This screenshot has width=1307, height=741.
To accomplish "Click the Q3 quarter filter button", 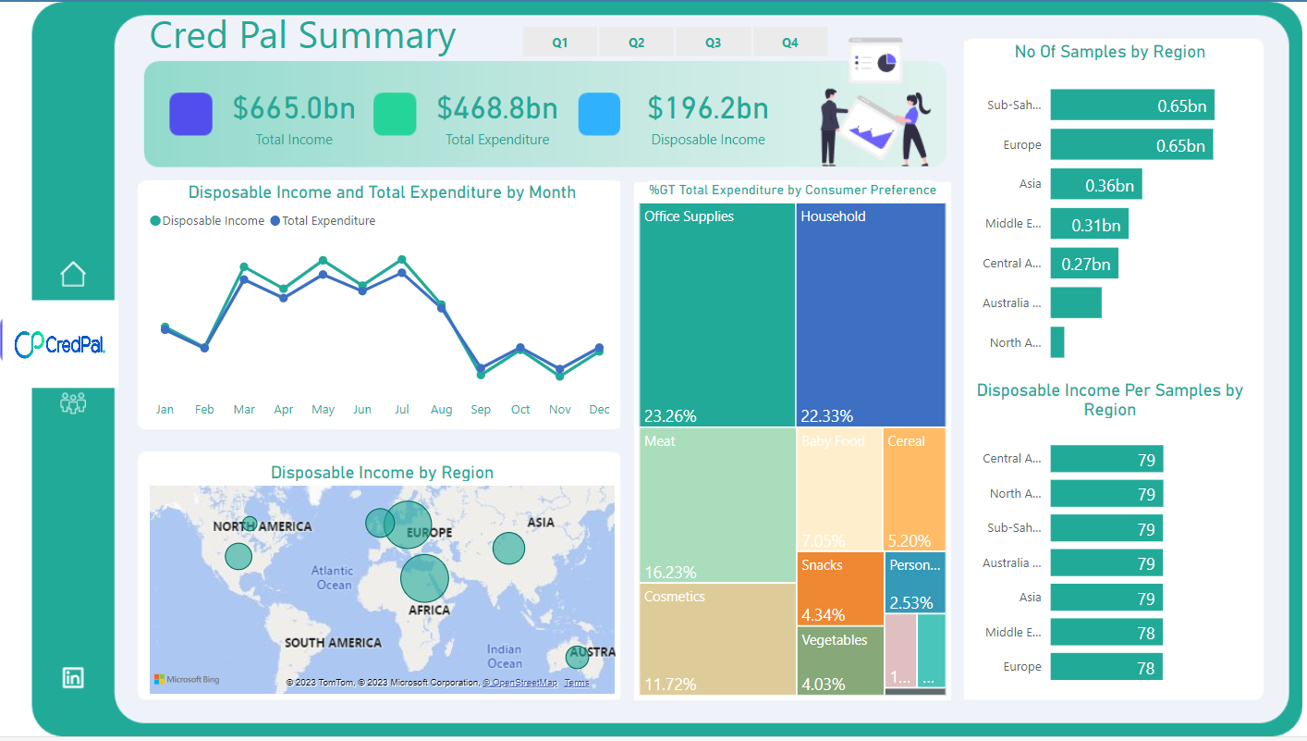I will [x=713, y=43].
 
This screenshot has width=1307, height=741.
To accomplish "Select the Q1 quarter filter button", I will [x=560, y=43].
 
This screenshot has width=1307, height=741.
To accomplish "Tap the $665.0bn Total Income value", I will [x=294, y=108].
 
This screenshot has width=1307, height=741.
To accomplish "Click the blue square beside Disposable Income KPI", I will [x=599, y=115].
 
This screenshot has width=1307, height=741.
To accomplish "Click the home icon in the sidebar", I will [x=73, y=274].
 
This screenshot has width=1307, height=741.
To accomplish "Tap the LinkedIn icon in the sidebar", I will [x=73, y=677].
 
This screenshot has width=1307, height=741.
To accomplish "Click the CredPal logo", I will [x=61, y=344].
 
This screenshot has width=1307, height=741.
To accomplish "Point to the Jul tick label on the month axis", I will [x=401, y=410].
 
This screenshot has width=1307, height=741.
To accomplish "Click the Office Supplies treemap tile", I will [x=716, y=315].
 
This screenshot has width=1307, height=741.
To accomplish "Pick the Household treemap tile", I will [x=870, y=315].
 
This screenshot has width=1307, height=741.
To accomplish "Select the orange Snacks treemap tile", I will [x=839, y=588].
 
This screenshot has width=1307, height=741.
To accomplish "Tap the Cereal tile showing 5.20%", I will [x=913, y=489].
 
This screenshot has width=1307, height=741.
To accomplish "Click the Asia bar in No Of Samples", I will [x=1095, y=184].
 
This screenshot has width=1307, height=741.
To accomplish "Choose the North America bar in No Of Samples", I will [x=1057, y=342].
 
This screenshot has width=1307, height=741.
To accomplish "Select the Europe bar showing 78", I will [x=1105, y=667].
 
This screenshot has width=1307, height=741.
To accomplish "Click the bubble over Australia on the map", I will [x=577, y=658].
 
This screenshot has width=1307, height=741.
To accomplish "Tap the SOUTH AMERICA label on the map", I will [x=333, y=643].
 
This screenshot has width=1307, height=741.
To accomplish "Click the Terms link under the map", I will [x=576, y=683].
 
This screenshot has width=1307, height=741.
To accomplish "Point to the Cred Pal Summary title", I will [x=302, y=35].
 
